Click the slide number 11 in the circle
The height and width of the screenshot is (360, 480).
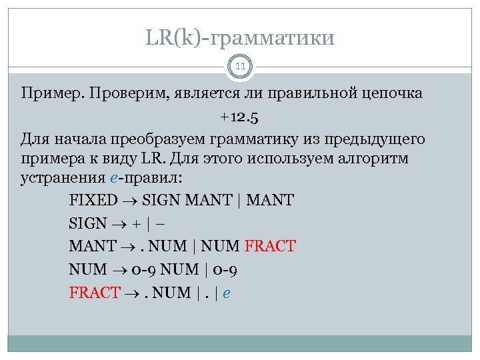240,66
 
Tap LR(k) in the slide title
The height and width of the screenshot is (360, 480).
175,38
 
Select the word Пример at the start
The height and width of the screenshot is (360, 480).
44,93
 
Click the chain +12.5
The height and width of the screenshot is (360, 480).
240,117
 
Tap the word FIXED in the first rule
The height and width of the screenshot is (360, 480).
93,201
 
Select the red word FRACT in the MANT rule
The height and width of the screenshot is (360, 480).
270,246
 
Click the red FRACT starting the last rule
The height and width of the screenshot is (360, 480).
94,292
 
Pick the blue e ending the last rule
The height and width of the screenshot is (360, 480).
227,293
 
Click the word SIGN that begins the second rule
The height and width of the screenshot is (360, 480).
87,224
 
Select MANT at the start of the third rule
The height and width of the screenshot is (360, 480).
92,246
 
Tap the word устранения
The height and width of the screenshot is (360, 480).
61,179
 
